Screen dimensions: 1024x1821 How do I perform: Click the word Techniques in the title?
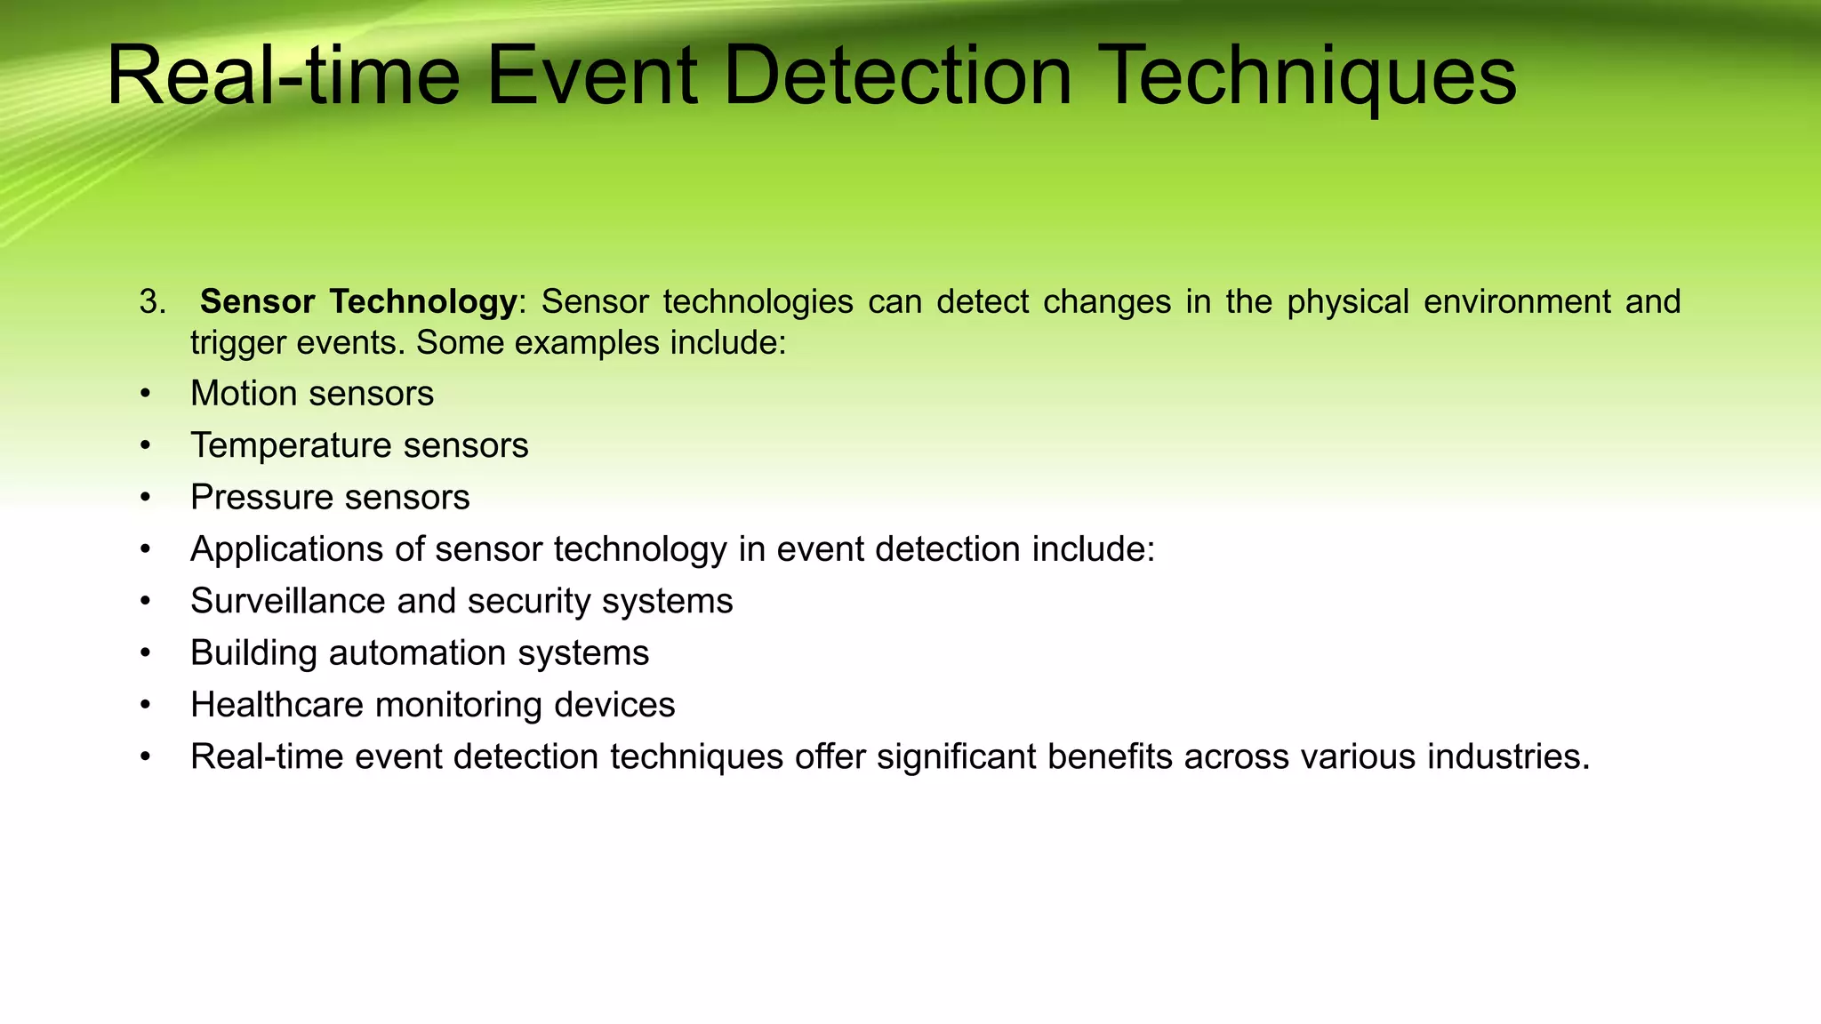click(1309, 78)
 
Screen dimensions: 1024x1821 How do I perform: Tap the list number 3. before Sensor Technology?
click(152, 302)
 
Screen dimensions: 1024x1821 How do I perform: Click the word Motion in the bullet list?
click(243, 394)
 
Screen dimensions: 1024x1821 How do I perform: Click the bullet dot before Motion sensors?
click(145, 394)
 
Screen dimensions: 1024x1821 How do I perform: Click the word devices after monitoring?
click(614, 705)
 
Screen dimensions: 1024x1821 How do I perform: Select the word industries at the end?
click(1508, 757)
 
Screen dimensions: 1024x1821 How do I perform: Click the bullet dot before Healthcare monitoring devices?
click(145, 706)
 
